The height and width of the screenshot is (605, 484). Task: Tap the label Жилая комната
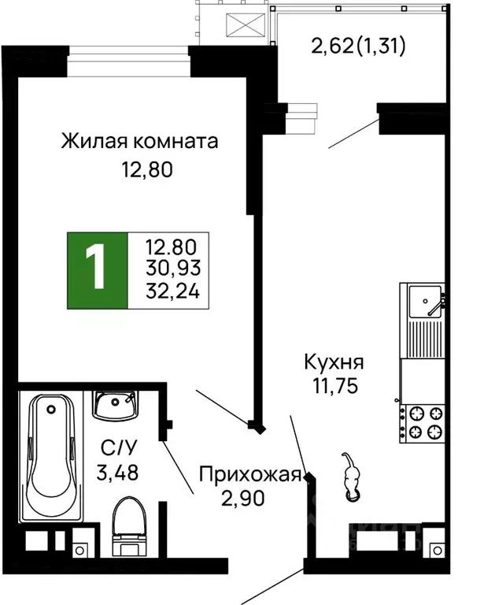(x=139, y=142)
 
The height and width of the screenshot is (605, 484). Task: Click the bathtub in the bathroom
(x=51, y=456)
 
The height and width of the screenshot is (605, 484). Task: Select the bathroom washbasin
(x=115, y=406)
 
